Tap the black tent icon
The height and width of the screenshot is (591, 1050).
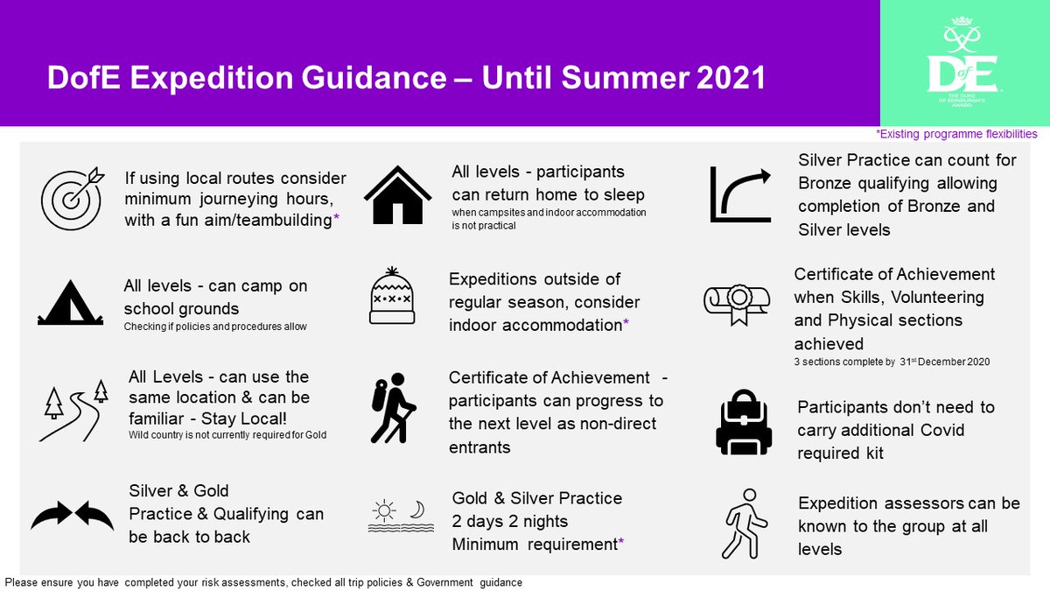pyautogui.click(x=71, y=303)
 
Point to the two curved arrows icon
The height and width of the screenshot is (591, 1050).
pyautogui.click(x=72, y=516)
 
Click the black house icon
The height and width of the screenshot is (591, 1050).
pyautogui.click(x=397, y=194)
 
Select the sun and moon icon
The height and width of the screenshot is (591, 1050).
pyautogui.click(x=397, y=517)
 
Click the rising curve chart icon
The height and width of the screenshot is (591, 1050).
pyautogui.click(x=740, y=193)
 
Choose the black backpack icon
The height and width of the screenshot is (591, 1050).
pyautogui.click(x=743, y=422)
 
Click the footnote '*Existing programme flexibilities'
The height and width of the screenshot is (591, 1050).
pyautogui.click(x=956, y=134)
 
